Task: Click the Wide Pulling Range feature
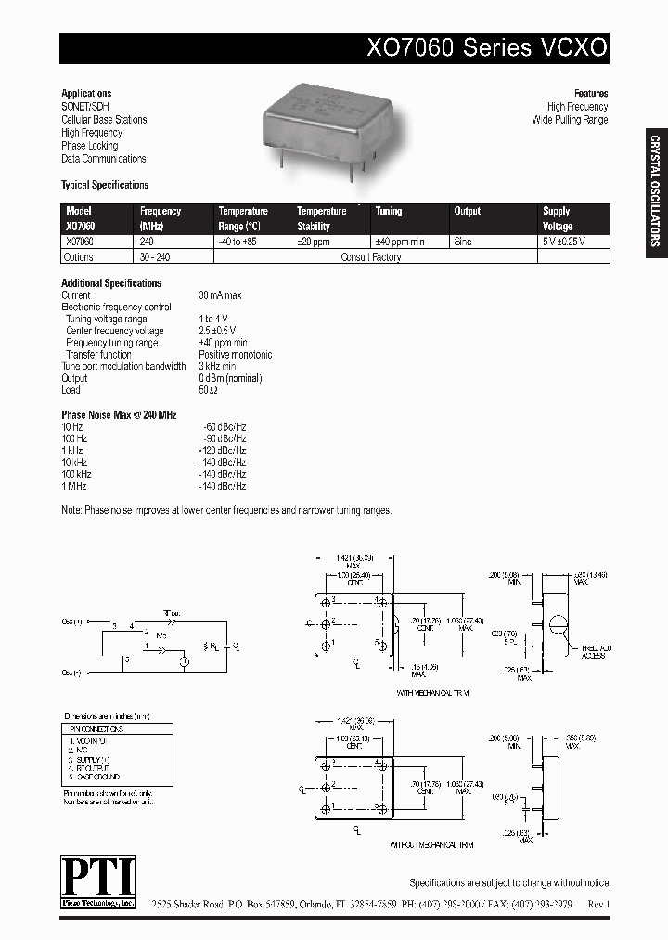coord(570,120)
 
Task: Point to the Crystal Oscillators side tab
coord(654,191)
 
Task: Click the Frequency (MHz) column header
coord(160,218)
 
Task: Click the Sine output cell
coord(463,242)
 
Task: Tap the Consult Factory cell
coord(373,257)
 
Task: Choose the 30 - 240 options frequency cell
coord(157,257)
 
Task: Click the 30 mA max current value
coord(220,295)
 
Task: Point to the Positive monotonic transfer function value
coord(236,355)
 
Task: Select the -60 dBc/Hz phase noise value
coord(224,426)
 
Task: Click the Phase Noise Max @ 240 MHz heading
coord(119,415)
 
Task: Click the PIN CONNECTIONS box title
coord(97,730)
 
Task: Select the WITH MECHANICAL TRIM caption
coord(434,693)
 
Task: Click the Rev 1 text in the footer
coord(598,902)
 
